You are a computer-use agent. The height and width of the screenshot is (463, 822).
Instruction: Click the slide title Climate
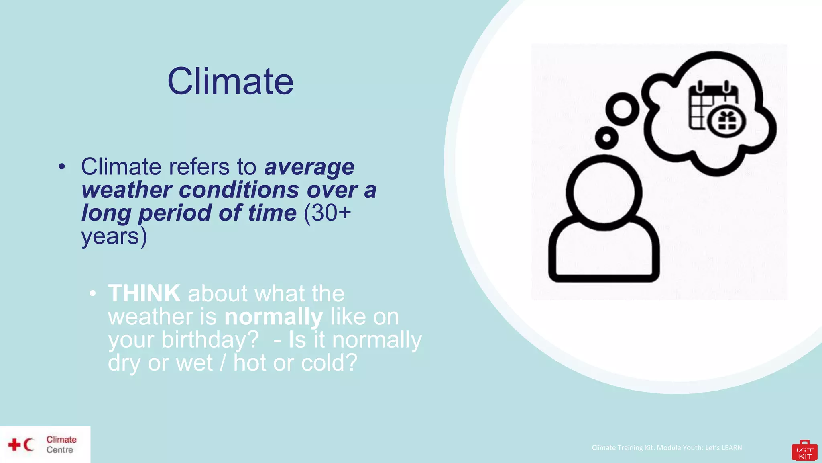pos(230,82)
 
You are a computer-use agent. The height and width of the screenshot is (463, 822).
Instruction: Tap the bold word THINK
pos(144,293)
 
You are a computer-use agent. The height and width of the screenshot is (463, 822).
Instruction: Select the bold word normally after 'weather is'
pos(273,317)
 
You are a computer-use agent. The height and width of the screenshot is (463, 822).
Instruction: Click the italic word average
pos(309,167)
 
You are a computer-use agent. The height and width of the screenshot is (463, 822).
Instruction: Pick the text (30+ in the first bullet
pos(327,213)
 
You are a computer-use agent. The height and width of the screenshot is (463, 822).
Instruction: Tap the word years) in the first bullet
pos(114,236)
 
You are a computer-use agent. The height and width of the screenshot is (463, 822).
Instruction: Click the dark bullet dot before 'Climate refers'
pos(61,166)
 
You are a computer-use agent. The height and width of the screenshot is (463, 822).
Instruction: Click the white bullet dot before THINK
pos(93,294)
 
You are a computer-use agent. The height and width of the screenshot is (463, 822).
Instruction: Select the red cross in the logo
pos(14,445)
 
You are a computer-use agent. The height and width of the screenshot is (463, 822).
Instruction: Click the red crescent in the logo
pos(28,445)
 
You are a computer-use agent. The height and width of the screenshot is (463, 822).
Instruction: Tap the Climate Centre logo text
pos(61,445)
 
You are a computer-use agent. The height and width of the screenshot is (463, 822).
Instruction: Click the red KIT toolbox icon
pos(804,451)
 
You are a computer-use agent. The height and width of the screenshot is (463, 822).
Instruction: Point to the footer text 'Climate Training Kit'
pos(666,448)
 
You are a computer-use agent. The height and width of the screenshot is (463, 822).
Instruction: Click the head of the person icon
pos(604,193)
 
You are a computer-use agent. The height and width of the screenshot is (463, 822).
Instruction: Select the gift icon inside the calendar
pos(726,121)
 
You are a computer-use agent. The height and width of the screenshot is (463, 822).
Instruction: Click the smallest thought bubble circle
pos(606,138)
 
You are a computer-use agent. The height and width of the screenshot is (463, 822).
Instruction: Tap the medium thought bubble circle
pos(623,109)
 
